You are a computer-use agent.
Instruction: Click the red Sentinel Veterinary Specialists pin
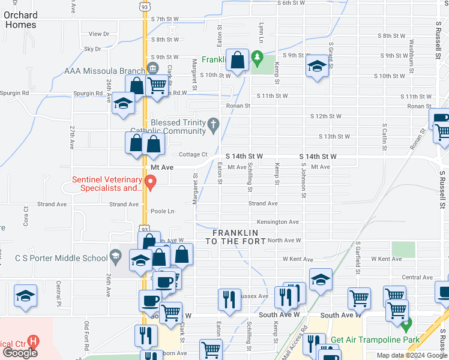point(151,181)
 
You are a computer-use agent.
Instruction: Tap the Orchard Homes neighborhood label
point(20,20)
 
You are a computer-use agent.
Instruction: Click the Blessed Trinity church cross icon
point(212,127)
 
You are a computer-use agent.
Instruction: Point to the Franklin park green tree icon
point(258,59)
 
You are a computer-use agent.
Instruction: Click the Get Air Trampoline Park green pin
point(406,327)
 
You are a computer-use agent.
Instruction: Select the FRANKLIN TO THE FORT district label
point(235,236)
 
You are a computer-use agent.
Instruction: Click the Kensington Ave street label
point(278,222)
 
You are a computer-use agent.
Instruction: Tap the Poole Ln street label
point(162,211)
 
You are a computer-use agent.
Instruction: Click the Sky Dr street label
point(92,49)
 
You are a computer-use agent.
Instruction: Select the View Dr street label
point(98,34)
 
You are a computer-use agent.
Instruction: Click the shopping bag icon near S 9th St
point(238,60)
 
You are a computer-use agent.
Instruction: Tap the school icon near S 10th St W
point(316,67)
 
